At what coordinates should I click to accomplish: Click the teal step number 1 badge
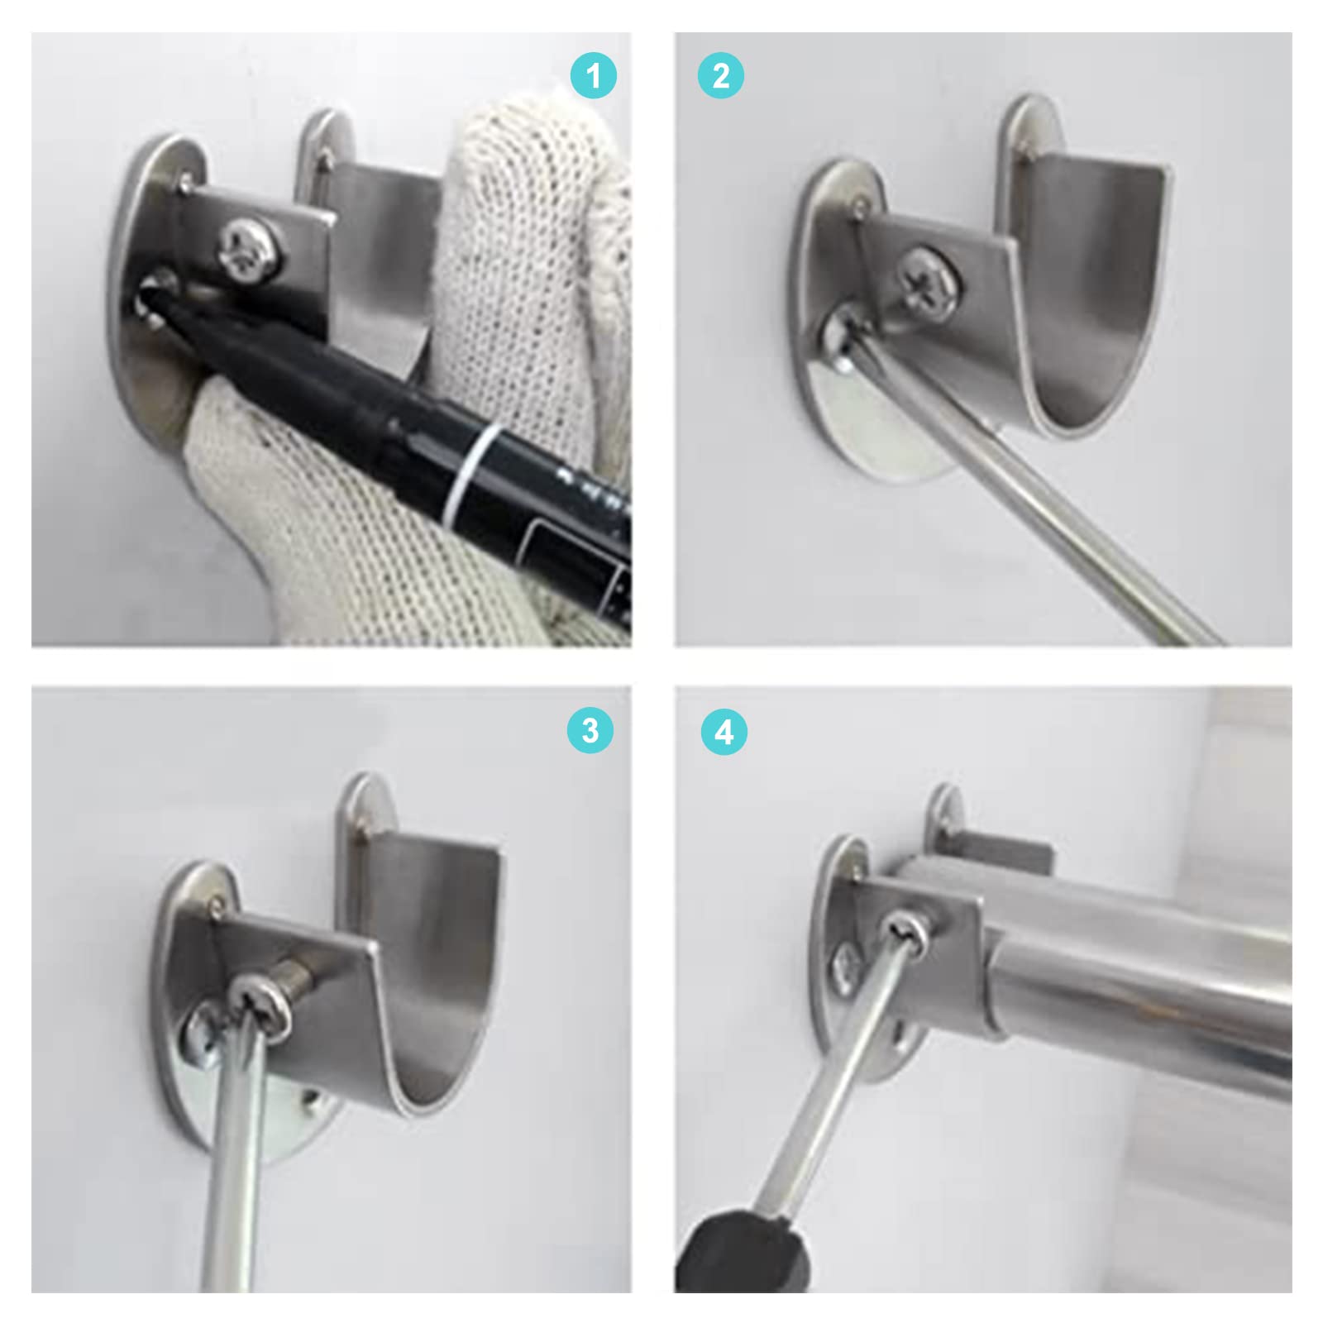pos(594,77)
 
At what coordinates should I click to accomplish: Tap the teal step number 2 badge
pos(721,77)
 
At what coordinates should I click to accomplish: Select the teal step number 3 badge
pos(590,730)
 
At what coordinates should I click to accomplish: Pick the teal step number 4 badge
pos(724,733)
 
